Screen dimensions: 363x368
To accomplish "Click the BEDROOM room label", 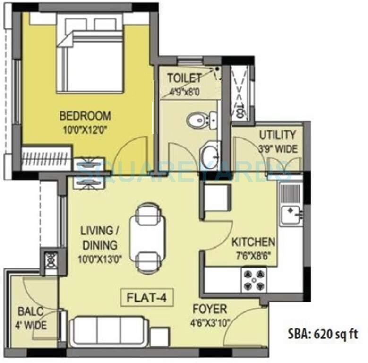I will pos(85,115).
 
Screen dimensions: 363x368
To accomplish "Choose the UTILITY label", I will pos(277,135).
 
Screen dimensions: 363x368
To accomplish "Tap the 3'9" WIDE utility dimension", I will pos(278,148).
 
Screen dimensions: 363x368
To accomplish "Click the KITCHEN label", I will pos(253,242).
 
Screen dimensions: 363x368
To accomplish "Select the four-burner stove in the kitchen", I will pos(254,279).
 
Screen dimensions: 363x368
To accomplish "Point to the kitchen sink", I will pos(289,215).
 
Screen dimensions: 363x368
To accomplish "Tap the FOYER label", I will pos(209,310).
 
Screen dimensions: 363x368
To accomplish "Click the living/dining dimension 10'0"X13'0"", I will pos(100,259).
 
